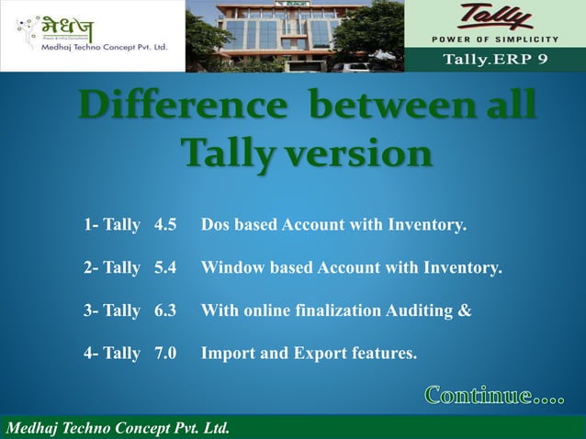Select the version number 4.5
[165, 224]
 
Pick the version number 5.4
[165, 268]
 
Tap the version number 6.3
[165, 310]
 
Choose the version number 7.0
[165, 353]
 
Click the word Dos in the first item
[216, 224]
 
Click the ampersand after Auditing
[465, 310]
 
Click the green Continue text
[494, 397]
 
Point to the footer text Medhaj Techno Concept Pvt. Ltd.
[118, 428]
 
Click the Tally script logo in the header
[497, 19]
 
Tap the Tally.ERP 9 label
[496, 62]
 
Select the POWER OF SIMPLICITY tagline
[495, 39]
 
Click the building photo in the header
[294, 36]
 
